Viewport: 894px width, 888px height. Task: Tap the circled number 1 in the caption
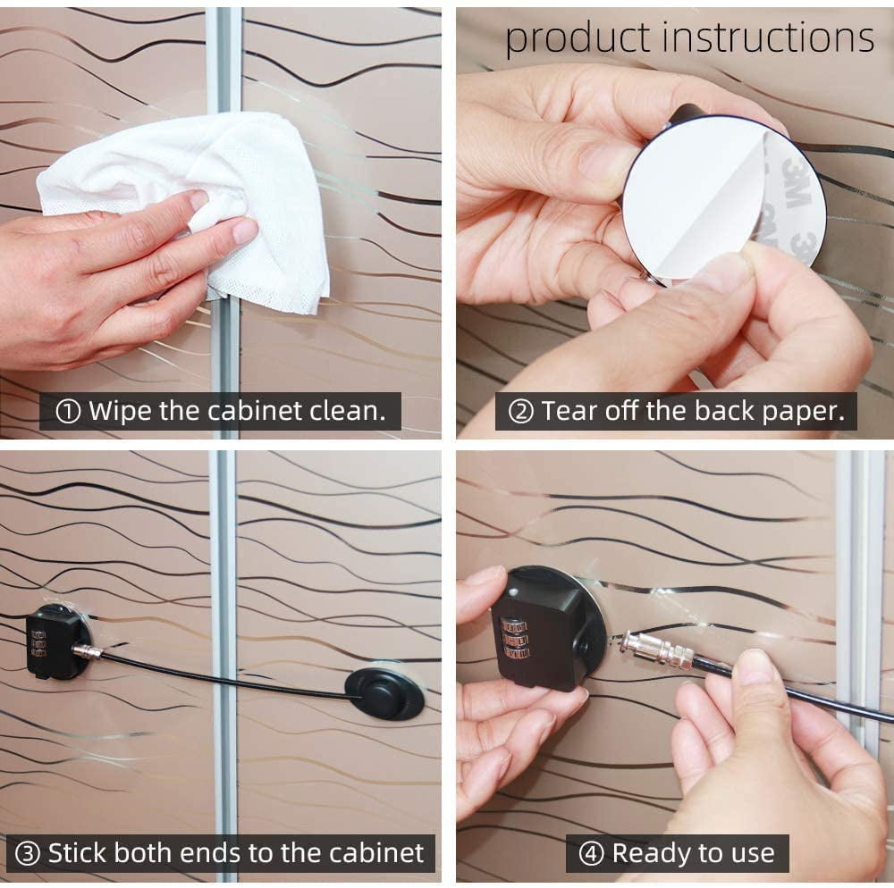click(x=68, y=411)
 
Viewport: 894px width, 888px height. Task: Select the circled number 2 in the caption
click(x=520, y=411)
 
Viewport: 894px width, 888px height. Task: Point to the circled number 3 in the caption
click(x=27, y=854)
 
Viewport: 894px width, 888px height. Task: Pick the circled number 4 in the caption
click(x=591, y=854)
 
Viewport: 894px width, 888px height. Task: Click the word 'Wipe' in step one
click(x=120, y=411)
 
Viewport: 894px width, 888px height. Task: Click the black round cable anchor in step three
click(x=384, y=693)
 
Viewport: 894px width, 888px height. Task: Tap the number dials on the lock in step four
click(x=515, y=637)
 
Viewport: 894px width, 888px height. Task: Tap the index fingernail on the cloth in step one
click(x=246, y=230)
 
